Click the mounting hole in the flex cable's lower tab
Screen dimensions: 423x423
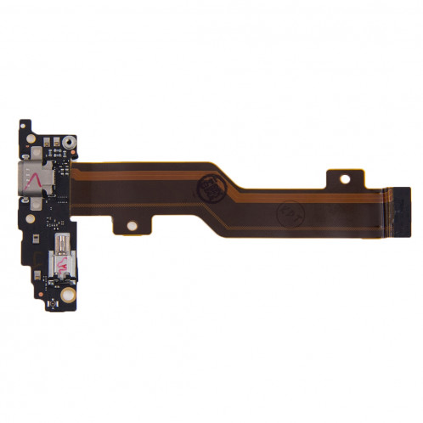click(133, 226)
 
